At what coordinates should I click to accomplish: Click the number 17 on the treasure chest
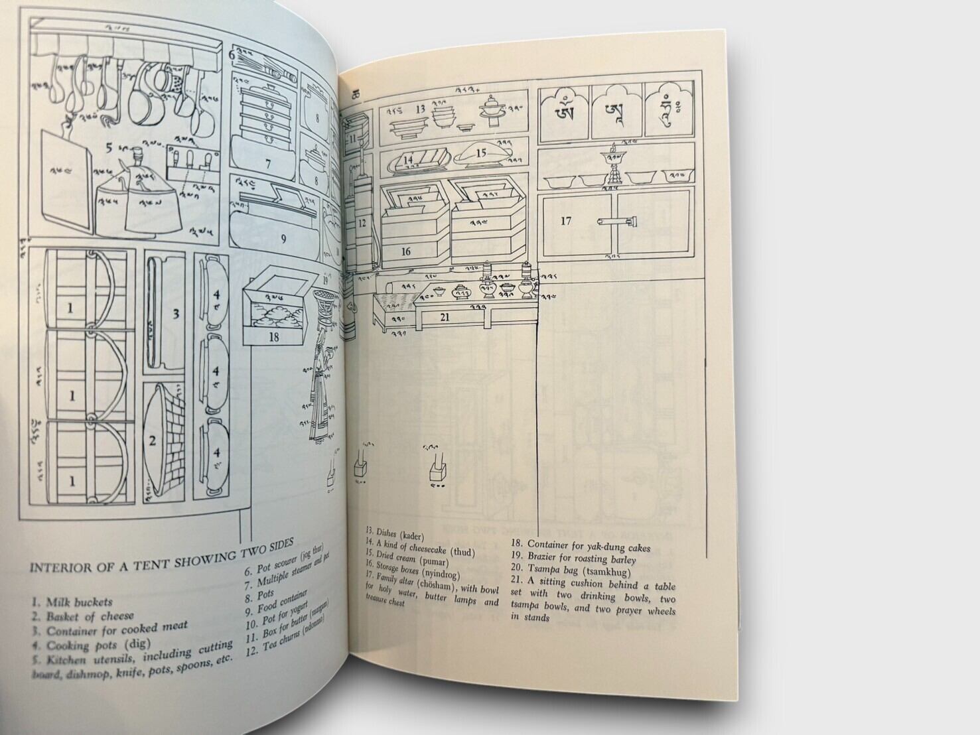(565, 221)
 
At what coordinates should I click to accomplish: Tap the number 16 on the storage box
(405, 251)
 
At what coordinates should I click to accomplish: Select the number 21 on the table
(445, 318)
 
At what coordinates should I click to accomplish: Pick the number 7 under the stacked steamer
(268, 163)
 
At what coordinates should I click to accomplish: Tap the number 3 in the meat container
(176, 314)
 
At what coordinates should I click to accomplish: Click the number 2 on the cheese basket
(152, 440)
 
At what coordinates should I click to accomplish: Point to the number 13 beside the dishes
(420, 108)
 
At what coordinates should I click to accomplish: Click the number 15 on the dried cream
(481, 153)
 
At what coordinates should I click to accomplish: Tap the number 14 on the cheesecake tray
(409, 160)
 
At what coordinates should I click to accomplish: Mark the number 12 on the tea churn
(362, 224)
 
